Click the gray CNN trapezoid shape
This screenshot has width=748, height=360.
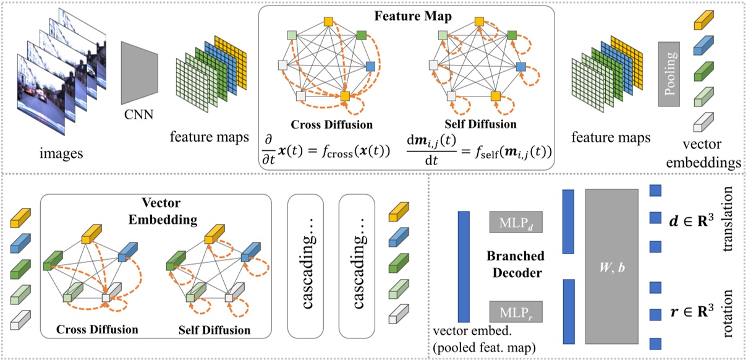tap(137, 73)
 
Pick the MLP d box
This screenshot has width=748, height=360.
tap(516, 221)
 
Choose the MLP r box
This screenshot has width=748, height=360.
tap(516, 311)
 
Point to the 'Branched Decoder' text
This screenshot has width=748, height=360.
tap(516, 265)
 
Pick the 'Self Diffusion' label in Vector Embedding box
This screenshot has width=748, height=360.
tap(214, 330)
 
